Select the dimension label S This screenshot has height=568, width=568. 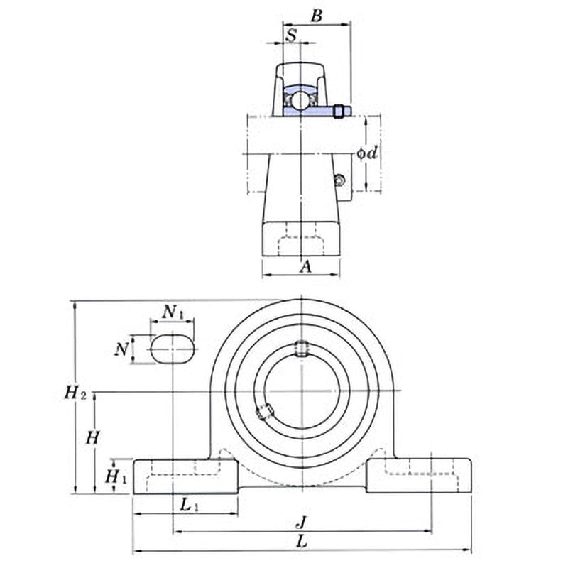(x=291, y=33)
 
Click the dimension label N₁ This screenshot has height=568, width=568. (x=172, y=312)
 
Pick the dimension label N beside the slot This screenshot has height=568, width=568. (x=123, y=349)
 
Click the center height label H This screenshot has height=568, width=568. (x=92, y=437)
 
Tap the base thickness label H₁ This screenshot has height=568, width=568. (x=116, y=476)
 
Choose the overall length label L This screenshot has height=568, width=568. (x=301, y=541)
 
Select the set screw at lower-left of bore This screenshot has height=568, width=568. (x=264, y=412)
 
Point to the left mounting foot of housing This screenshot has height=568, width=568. (x=185, y=476)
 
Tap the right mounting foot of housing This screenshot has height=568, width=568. (x=419, y=476)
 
